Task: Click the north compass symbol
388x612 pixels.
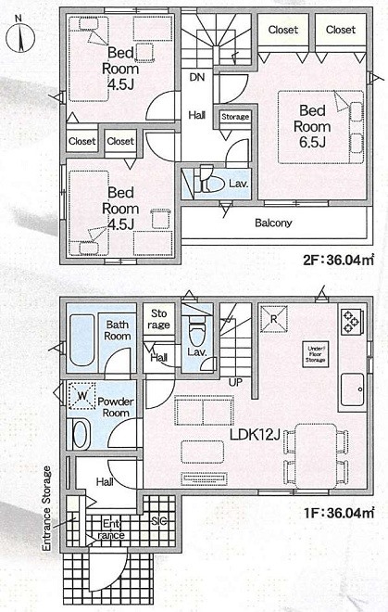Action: point(20,36)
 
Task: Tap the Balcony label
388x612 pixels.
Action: point(273,223)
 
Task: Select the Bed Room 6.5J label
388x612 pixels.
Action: point(312,126)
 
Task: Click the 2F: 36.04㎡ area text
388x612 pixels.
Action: point(339,261)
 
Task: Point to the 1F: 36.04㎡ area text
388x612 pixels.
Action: point(339,513)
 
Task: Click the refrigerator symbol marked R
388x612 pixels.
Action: point(274,319)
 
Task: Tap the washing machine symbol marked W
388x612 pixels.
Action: point(81,396)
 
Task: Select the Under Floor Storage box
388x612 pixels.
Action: point(316,354)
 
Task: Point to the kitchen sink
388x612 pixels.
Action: point(353,390)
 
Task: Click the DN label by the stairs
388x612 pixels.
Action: point(197,77)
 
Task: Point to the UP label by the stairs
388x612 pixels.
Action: point(235,382)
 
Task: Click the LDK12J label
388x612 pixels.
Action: point(255,435)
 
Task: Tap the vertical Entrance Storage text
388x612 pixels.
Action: point(47,508)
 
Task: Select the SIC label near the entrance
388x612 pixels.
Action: point(159,521)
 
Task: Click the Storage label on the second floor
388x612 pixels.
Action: point(235,117)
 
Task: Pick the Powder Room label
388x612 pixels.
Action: point(116,407)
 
